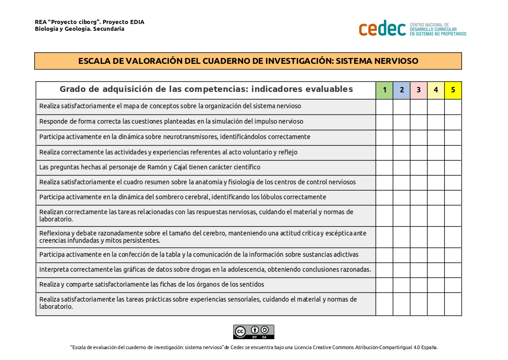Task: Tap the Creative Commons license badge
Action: coord(254,332)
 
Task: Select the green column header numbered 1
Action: coord(385,90)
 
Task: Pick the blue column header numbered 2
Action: coord(402,90)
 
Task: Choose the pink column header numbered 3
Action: coord(419,90)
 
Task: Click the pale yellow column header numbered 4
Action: coord(436,90)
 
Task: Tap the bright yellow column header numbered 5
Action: coord(453,90)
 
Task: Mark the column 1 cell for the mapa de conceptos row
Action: coord(385,106)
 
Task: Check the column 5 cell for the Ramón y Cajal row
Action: coord(453,168)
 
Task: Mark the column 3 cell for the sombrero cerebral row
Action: coord(419,197)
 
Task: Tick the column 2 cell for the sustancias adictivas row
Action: coord(402,254)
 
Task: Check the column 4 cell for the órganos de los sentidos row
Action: coord(436,285)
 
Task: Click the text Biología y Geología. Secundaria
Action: coord(80,29)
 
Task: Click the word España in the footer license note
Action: coord(429,348)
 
